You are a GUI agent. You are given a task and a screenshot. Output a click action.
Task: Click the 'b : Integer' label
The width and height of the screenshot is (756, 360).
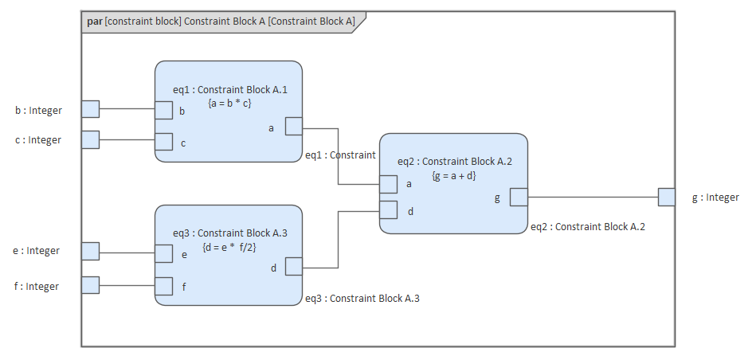(x=39, y=110)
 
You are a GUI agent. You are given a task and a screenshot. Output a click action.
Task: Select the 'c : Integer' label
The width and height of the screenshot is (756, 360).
(x=39, y=140)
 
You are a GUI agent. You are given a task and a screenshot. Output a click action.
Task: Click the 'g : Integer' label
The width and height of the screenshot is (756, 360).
(x=715, y=198)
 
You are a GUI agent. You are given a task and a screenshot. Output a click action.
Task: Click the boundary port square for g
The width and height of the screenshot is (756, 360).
(x=667, y=197)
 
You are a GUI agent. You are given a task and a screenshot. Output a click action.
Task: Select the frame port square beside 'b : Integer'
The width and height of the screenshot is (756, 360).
(x=91, y=109)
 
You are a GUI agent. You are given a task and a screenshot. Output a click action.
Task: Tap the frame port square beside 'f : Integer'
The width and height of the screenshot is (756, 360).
(x=91, y=285)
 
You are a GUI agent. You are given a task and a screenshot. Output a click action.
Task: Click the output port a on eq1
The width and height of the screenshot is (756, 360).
(x=293, y=127)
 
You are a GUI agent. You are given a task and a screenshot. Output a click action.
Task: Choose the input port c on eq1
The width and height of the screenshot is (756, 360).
(x=163, y=142)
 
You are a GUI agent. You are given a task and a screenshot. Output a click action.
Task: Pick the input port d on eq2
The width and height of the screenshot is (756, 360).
(x=388, y=210)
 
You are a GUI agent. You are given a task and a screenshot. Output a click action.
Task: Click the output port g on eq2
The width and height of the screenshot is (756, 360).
(x=519, y=197)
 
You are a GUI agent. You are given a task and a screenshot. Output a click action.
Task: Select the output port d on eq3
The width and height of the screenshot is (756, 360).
(x=293, y=266)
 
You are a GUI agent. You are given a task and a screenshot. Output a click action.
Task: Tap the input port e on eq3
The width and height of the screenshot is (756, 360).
(x=163, y=253)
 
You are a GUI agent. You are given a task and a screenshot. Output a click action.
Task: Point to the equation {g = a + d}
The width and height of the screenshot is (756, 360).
(x=454, y=174)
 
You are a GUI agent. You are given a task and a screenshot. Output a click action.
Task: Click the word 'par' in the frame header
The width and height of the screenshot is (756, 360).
(x=95, y=22)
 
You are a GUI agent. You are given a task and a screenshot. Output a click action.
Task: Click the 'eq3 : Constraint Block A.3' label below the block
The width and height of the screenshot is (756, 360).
(x=362, y=299)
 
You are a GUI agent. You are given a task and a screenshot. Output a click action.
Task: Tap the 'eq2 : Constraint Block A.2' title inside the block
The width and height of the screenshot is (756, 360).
(x=454, y=162)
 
